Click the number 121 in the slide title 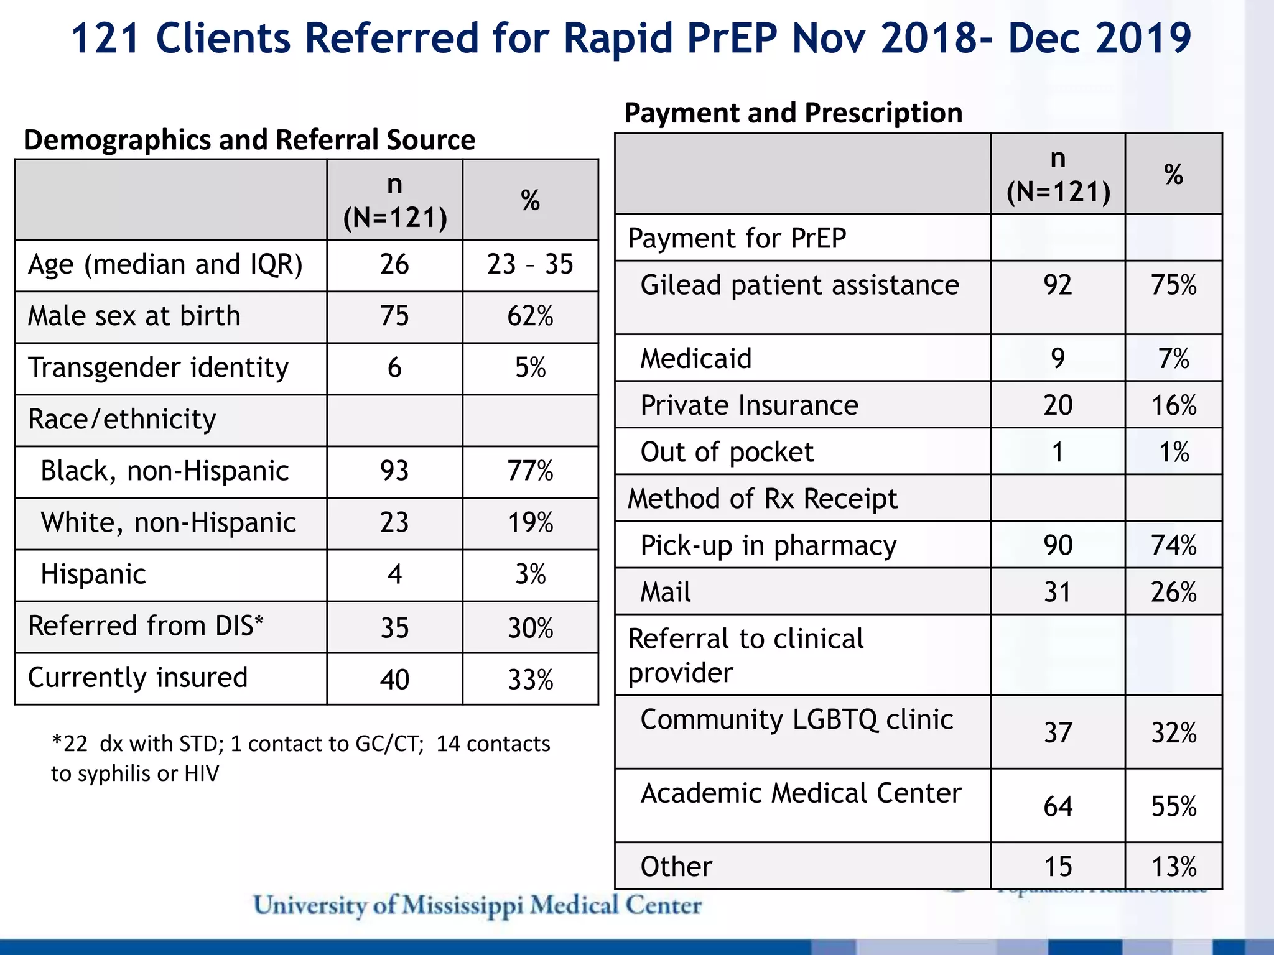105,39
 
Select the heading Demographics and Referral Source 249,140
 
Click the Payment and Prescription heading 793,113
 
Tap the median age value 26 394,264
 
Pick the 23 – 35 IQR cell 530,264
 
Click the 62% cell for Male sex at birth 530,316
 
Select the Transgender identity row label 159,367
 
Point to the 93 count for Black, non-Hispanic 394,471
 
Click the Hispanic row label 93,574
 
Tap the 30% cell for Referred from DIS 530,627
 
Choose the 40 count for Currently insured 394,679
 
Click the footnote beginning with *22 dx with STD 300,758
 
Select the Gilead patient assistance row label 799,285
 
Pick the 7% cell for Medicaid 1173,359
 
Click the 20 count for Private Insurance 1058,405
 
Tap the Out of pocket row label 727,452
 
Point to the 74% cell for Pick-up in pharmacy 1173,545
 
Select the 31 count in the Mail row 1058,592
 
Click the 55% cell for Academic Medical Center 1173,806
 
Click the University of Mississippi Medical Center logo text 478,905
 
